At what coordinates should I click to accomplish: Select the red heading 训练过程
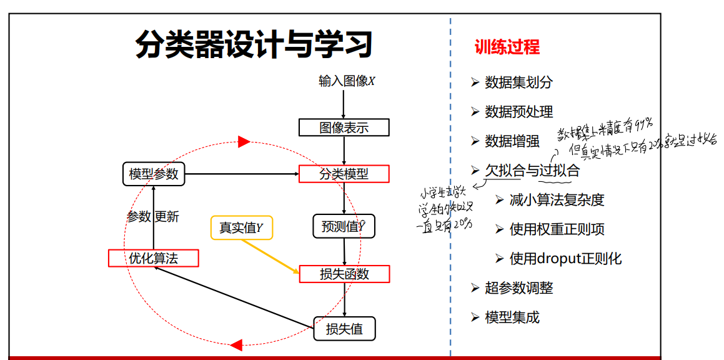coord(507,47)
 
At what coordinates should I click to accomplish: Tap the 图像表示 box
coord(344,128)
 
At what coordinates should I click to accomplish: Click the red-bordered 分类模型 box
coord(344,174)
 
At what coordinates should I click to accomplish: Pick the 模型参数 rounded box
coord(154,174)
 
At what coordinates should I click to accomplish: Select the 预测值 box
coord(344,227)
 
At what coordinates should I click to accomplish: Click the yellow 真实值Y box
coord(242,228)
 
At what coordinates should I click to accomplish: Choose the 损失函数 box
coord(344,274)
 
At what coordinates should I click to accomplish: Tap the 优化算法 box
coord(154,258)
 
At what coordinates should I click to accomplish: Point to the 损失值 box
coord(344,328)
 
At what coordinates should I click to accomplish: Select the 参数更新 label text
coord(153,217)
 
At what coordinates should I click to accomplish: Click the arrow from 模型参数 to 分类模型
coord(244,174)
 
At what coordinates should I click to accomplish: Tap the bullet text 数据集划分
coord(518,82)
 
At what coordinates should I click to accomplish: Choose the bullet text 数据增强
coord(512,141)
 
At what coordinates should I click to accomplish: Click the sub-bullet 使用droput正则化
coord(565,259)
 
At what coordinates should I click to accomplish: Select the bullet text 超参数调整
coord(518,288)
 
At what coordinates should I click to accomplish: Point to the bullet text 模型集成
coord(512,317)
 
